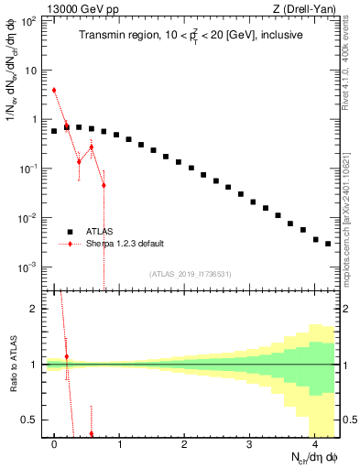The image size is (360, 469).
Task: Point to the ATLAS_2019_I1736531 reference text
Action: (191, 274)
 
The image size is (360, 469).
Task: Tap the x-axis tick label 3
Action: (250, 444)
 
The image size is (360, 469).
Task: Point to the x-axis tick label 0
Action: (55, 444)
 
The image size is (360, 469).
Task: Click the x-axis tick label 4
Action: (315, 444)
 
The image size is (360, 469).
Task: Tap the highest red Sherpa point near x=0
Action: (55, 90)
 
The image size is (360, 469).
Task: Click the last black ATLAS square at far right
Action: (327, 244)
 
